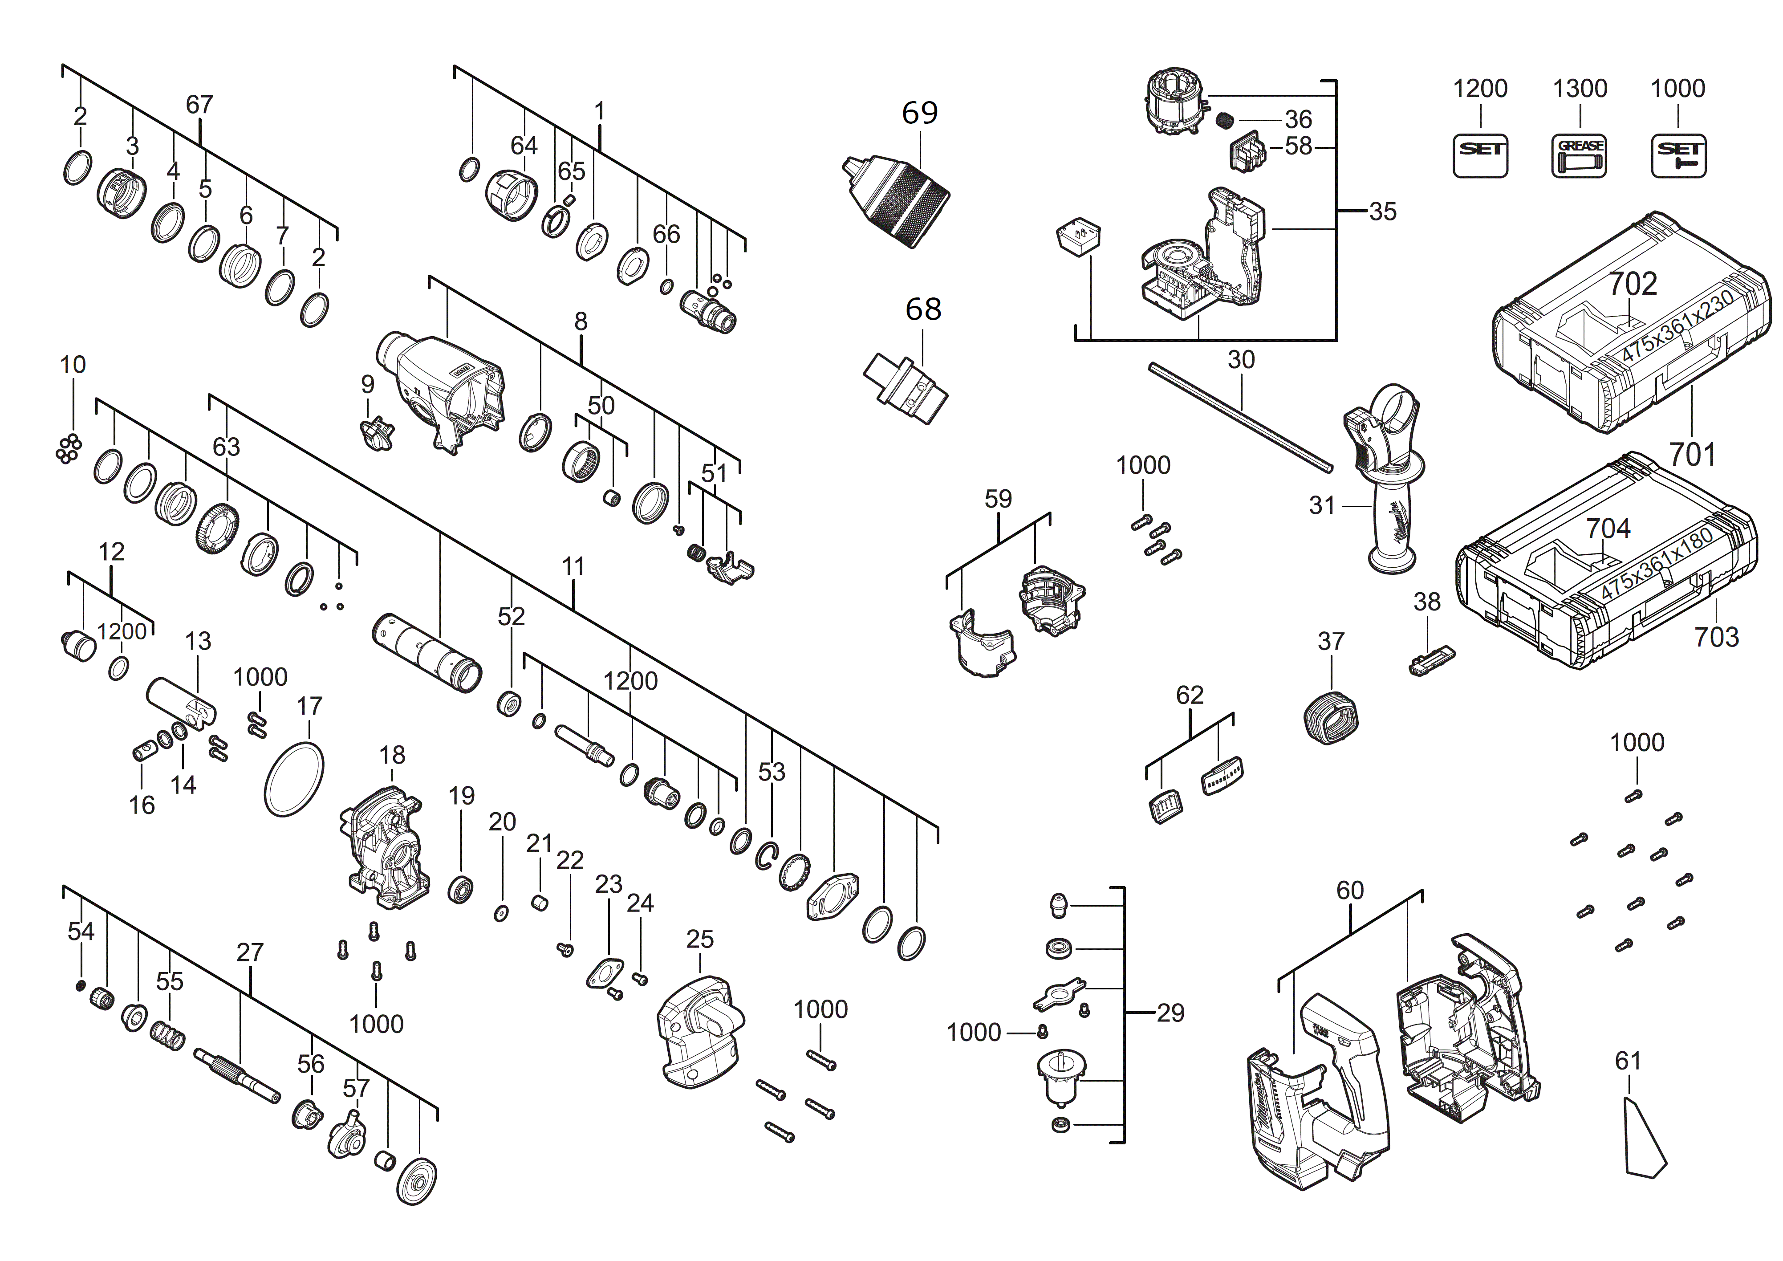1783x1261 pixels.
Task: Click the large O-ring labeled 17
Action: click(294, 779)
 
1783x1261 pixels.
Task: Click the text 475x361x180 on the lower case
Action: click(1657, 562)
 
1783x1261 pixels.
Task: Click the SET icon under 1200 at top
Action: click(1480, 155)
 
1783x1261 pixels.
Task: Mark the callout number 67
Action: click(199, 105)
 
